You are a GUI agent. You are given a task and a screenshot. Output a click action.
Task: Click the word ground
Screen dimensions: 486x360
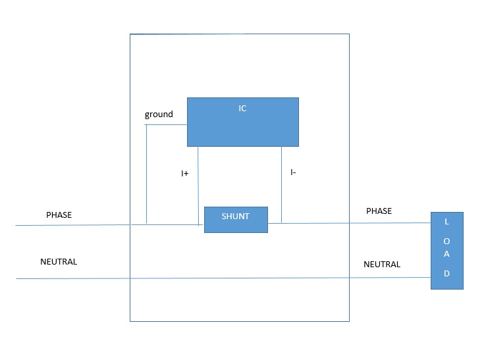click(x=159, y=115)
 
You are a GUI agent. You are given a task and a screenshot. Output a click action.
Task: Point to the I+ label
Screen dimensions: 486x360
click(x=185, y=174)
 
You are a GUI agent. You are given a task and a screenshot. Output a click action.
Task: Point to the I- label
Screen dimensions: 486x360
click(x=292, y=172)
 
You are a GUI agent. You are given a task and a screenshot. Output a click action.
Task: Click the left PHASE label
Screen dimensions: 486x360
click(x=59, y=215)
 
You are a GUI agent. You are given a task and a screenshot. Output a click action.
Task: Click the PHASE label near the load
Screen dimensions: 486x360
click(x=379, y=211)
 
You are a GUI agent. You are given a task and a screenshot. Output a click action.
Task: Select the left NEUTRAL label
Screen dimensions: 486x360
click(x=59, y=262)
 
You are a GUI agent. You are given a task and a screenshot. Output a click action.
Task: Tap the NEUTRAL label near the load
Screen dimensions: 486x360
click(x=382, y=265)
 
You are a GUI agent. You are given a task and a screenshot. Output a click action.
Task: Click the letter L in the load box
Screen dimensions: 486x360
click(x=447, y=222)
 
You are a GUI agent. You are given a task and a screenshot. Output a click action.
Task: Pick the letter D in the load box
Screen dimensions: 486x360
click(x=447, y=273)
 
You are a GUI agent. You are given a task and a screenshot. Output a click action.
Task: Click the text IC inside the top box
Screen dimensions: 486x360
click(x=242, y=109)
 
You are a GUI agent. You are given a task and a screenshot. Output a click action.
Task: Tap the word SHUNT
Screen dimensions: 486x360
click(x=235, y=217)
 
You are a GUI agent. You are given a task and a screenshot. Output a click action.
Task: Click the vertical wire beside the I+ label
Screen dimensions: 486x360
click(x=198, y=184)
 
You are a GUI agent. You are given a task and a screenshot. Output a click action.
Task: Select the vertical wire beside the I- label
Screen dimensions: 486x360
click(x=282, y=184)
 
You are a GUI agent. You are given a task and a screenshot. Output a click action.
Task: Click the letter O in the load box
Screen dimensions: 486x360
click(x=447, y=239)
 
